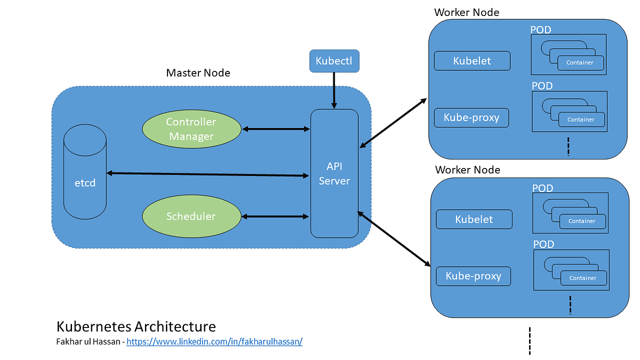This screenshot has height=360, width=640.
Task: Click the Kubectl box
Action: coord(334,61)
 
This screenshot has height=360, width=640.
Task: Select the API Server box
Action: coord(334,173)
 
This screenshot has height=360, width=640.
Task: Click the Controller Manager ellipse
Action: coord(191,129)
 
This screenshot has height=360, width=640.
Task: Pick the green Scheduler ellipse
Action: coord(191,217)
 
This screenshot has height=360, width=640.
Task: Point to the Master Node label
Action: coord(198,73)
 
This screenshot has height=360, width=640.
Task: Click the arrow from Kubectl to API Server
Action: coord(334,90)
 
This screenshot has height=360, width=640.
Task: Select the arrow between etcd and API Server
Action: coord(208,174)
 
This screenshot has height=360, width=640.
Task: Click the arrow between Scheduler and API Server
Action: coord(275,217)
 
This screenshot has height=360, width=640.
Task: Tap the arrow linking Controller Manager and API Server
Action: coord(275,129)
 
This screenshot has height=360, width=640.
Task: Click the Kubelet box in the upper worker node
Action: coord(472,61)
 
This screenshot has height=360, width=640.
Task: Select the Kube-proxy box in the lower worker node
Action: coord(473,276)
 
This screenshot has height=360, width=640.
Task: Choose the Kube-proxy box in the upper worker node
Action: coord(471,118)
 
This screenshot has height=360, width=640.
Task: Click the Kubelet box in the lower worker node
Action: coord(474,219)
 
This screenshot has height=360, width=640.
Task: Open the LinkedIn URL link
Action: coord(214,341)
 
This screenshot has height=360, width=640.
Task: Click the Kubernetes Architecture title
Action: coord(136,326)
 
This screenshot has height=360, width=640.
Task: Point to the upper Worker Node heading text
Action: coord(467,12)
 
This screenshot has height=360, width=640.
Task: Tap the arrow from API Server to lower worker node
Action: coord(394,238)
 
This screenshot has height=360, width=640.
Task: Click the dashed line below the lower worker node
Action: coord(530,341)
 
